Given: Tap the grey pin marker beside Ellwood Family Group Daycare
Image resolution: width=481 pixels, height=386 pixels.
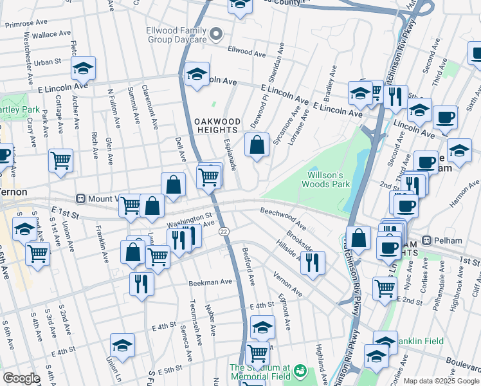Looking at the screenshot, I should pyautogui.click(x=217, y=34).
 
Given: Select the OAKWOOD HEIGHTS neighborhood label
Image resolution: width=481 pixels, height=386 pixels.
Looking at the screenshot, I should pyautogui.click(x=217, y=125).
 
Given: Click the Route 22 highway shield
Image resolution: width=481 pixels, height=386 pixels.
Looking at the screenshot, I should pyautogui.click(x=223, y=232).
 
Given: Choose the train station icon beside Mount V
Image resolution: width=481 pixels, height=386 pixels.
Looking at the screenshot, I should pyautogui.click(x=81, y=199).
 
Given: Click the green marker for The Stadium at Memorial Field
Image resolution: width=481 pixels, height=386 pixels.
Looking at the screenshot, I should pyautogui.click(x=300, y=371).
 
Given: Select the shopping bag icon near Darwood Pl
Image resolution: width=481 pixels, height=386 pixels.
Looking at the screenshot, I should pyautogui.click(x=257, y=145).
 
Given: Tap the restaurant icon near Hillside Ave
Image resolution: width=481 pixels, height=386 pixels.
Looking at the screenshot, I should pyautogui.click(x=313, y=263).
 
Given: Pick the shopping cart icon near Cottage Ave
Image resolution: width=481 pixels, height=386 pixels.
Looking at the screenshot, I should pyautogui.click(x=60, y=161).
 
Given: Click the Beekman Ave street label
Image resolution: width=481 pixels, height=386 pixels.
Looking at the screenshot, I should pyautogui.click(x=210, y=282).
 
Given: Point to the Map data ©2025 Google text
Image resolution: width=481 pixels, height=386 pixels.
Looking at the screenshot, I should pyautogui.click(x=440, y=381).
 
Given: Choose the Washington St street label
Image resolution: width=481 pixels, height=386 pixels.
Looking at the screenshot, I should pyautogui.click(x=189, y=219).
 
